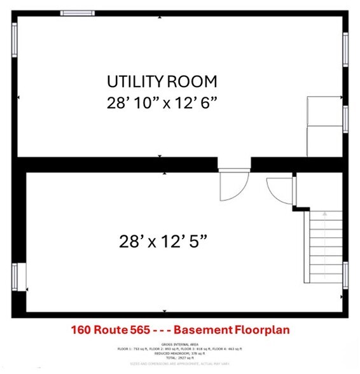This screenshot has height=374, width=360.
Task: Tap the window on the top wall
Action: coord(77,13)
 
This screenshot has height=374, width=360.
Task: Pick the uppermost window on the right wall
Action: coord(345,49)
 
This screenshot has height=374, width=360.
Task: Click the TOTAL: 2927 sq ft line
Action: coord(179,357)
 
